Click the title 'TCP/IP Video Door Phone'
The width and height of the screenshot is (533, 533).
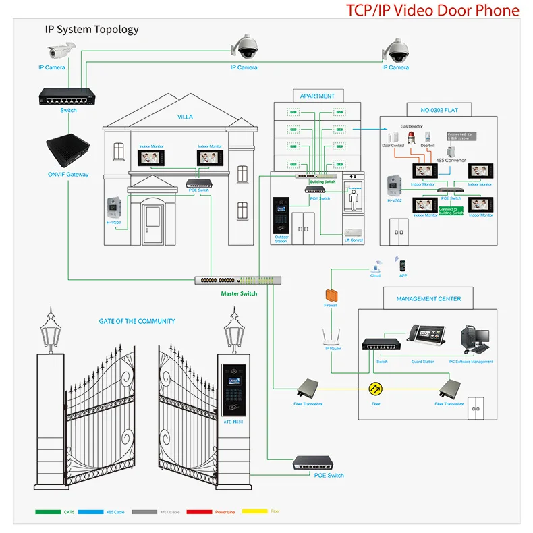tap(432, 10)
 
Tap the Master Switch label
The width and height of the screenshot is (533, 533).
tap(239, 293)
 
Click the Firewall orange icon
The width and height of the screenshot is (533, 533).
tap(331, 295)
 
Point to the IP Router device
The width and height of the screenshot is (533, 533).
tap(331, 337)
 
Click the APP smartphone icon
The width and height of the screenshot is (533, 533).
tap(403, 265)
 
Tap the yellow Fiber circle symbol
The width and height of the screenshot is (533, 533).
tap(375, 389)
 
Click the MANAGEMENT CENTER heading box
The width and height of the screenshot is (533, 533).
tap(428, 298)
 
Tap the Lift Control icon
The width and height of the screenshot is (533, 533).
tap(354, 231)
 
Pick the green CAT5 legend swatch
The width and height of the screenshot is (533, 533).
tap(48, 511)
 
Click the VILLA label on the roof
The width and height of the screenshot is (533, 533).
tap(185, 117)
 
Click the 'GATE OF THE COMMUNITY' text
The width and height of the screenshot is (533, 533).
tap(137, 321)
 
